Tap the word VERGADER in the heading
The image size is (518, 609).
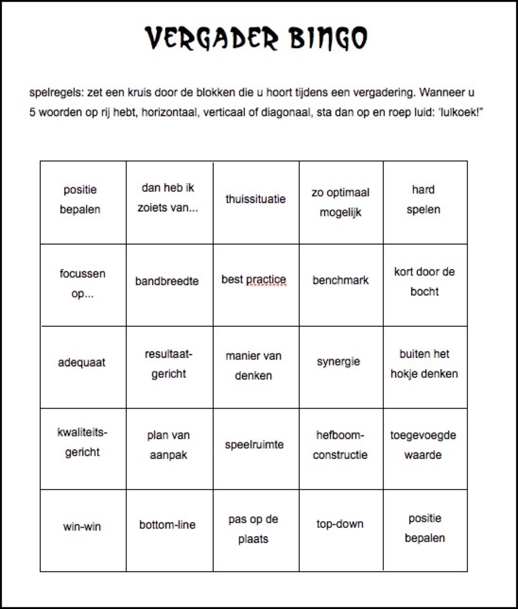coord(211,38)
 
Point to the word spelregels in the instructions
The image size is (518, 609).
coord(56,93)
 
